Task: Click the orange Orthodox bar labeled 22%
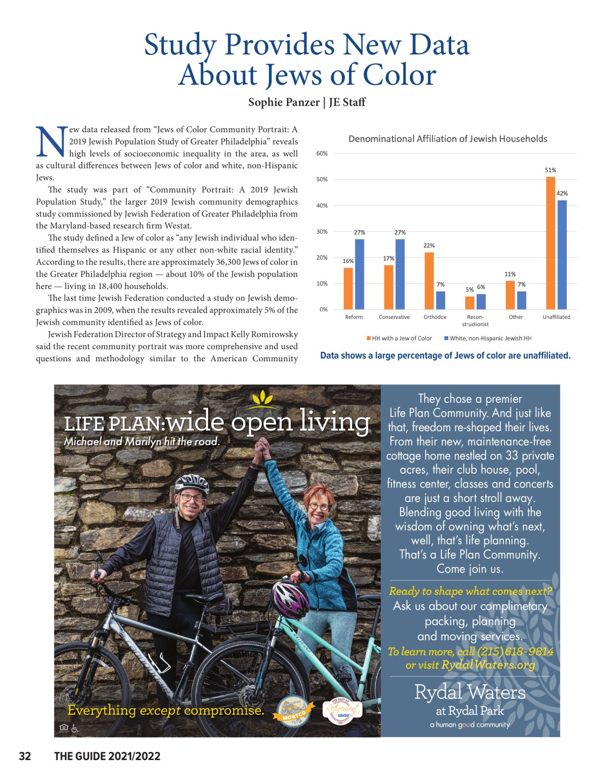click(429, 281)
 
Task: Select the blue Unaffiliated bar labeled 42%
click(562, 255)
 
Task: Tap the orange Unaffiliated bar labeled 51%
click(550, 243)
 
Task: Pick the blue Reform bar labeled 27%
click(359, 274)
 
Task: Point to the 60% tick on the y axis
click(322, 154)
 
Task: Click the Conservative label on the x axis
click(394, 317)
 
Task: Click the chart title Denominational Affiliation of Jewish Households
click(447, 139)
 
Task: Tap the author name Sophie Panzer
click(284, 102)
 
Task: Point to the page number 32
click(25, 756)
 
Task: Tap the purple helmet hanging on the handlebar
click(290, 599)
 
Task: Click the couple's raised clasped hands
click(261, 449)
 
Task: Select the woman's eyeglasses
click(319, 506)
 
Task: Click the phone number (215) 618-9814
click(515, 651)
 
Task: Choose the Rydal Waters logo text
click(470, 692)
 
